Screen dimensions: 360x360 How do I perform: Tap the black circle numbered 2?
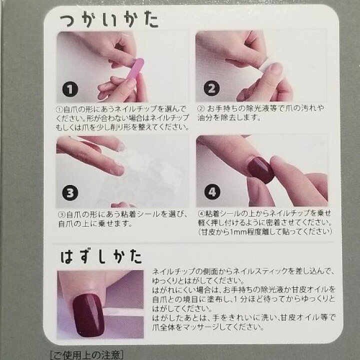click(x=211, y=89)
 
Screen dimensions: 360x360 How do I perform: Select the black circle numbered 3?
click(x=70, y=192)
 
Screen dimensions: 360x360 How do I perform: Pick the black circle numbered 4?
click(x=211, y=192)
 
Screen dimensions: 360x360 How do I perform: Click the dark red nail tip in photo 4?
click(x=261, y=169)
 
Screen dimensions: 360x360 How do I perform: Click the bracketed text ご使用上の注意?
click(x=87, y=355)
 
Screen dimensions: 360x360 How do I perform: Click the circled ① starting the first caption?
click(x=59, y=109)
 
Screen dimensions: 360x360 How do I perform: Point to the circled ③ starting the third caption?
click(x=59, y=214)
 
